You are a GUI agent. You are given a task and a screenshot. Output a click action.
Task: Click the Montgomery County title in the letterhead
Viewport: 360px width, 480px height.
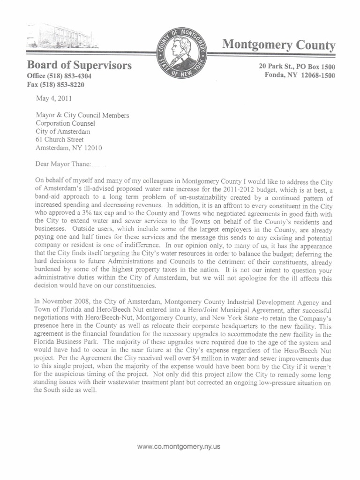click(278, 45)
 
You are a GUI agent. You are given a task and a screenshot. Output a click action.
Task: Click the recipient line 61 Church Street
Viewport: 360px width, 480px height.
click(60, 140)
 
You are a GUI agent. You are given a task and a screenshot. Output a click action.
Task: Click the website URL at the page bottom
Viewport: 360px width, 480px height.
click(179, 447)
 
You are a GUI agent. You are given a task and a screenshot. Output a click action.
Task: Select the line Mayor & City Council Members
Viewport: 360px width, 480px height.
click(82, 115)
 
